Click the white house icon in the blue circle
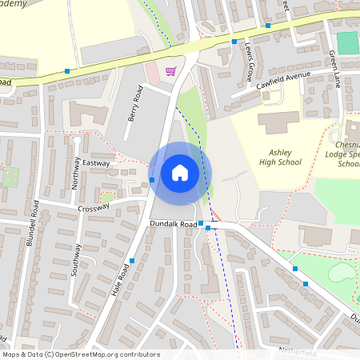coord(180,173)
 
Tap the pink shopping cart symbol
coord(170,71)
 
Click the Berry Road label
coord(134,106)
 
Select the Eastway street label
coord(96,162)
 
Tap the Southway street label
coord(76,260)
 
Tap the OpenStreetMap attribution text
coord(80,354)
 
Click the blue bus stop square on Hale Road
coord(132,261)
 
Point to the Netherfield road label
coord(298,352)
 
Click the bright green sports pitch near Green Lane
coord(347,42)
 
